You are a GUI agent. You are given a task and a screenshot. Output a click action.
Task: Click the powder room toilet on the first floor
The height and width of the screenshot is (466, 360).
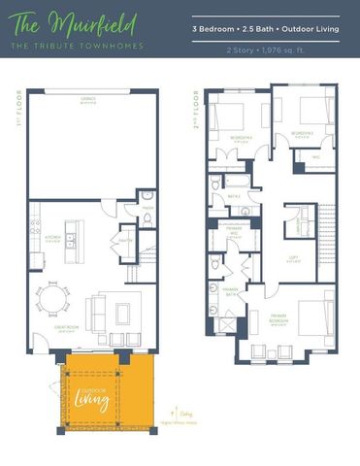[147, 219]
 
